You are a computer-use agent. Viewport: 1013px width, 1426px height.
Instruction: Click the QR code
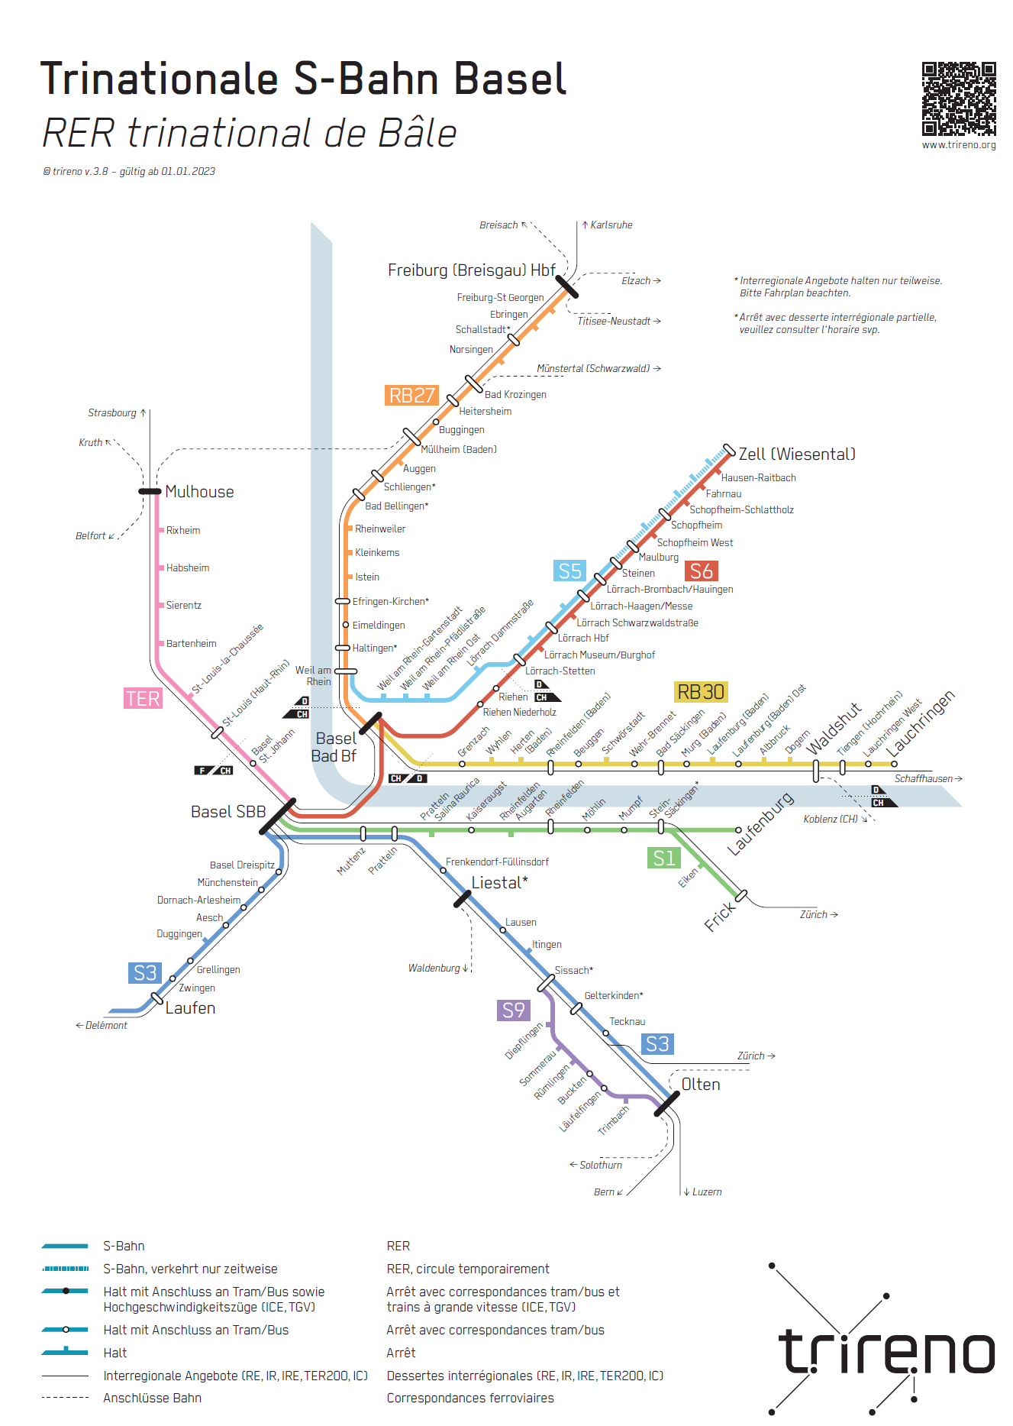tap(958, 99)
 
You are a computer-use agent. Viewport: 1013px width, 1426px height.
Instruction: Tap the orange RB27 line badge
tap(412, 396)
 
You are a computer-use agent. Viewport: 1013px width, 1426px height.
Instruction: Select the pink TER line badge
tap(143, 699)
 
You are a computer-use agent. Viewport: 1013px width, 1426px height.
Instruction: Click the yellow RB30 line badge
tap(701, 692)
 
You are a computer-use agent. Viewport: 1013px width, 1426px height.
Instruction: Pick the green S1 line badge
tap(663, 859)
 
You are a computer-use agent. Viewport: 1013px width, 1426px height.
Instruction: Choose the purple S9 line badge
tap(514, 1010)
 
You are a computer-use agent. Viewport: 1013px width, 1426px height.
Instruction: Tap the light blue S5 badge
tap(569, 571)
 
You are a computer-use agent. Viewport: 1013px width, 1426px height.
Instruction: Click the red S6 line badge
tap(701, 571)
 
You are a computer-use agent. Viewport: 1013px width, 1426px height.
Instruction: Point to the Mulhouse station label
tap(199, 492)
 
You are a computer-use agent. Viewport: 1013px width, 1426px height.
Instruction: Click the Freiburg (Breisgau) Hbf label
tap(471, 270)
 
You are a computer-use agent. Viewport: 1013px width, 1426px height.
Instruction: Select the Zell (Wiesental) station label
tap(797, 454)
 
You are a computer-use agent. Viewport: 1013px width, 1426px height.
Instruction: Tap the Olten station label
tap(700, 1085)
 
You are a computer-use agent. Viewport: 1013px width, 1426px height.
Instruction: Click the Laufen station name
tap(190, 1008)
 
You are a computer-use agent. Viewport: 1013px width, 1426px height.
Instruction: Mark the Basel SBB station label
tap(228, 812)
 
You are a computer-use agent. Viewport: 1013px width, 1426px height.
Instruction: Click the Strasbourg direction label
tap(112, 413)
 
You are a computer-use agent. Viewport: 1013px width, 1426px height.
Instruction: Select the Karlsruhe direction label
tap(611, 225)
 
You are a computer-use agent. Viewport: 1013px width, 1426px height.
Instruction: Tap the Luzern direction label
tap(706, 1192)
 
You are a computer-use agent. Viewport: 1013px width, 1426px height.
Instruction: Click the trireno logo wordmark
tap(886, 1352)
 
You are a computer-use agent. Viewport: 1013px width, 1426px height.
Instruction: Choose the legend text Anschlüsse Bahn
tap(152, 1399)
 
